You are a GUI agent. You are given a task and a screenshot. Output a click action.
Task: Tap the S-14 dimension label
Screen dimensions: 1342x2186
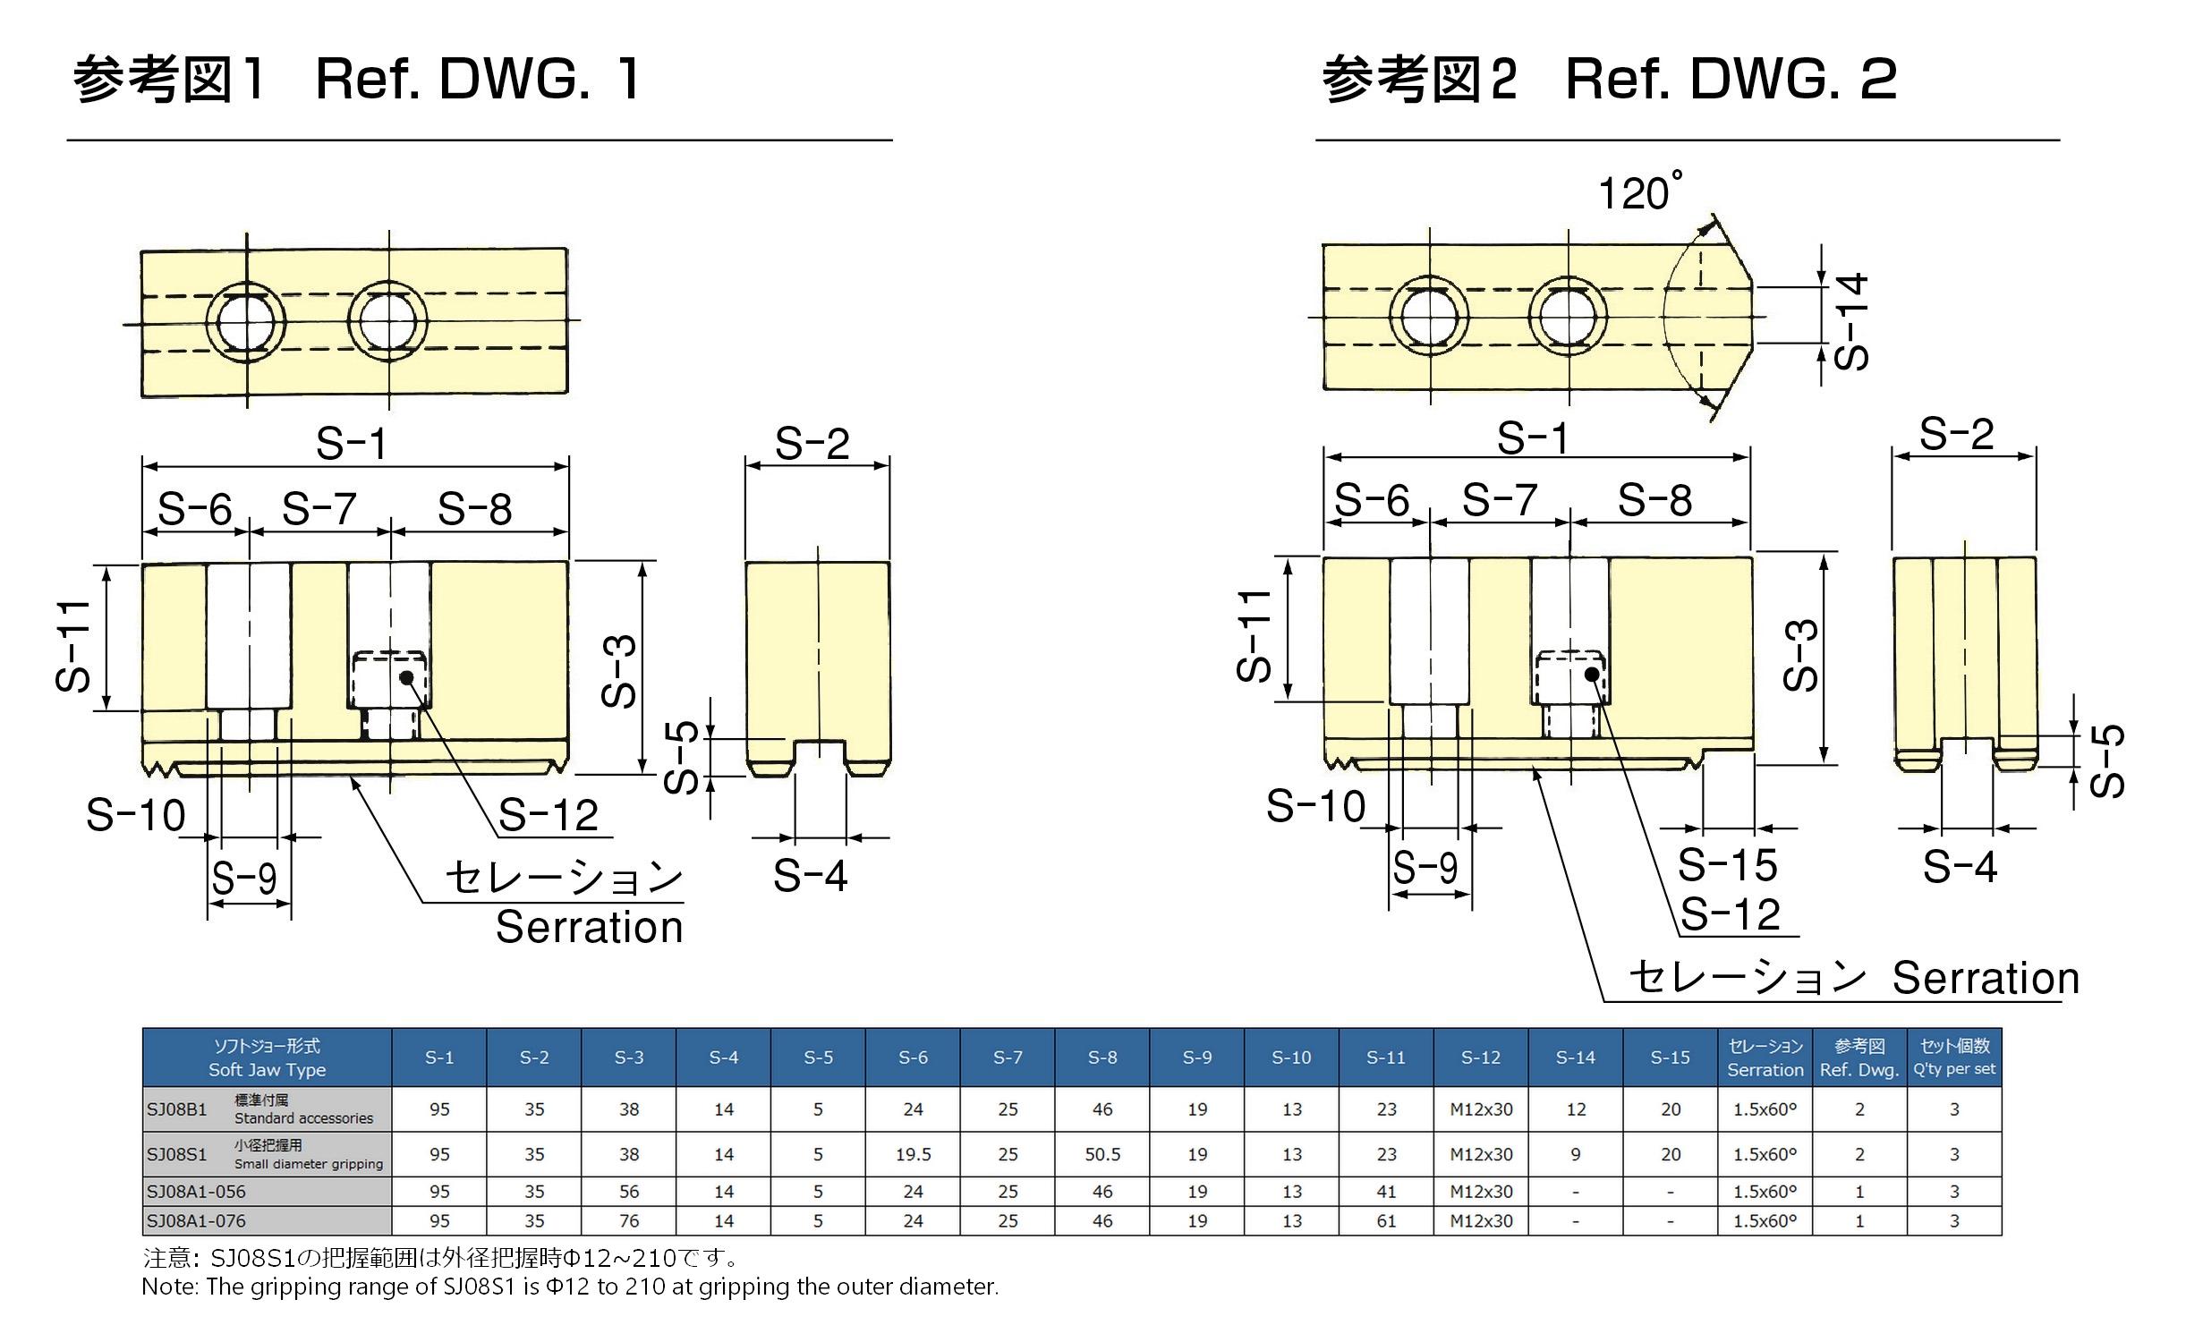1850,322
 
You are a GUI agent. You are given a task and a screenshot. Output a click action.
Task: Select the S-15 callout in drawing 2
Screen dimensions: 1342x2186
1727,865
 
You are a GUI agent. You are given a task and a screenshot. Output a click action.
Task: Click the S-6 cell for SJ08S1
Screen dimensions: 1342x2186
913,1154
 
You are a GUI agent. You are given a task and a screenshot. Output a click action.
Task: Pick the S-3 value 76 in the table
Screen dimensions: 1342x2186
629,1220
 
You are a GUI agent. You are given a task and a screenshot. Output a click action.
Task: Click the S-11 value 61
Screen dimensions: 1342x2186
1386,1220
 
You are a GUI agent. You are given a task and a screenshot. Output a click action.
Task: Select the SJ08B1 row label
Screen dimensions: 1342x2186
177,1109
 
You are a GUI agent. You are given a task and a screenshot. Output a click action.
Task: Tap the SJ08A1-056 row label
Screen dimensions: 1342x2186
196,1191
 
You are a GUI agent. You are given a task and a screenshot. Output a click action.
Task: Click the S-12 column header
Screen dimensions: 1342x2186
1481,1057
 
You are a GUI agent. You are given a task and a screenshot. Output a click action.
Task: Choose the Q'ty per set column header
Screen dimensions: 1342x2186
1954,1057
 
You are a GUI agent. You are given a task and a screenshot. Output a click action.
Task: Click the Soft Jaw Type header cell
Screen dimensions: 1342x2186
267,1057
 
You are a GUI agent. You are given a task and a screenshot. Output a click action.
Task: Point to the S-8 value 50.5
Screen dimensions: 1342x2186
1102,1154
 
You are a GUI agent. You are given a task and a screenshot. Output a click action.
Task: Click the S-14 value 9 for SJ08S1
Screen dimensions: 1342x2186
1576,1154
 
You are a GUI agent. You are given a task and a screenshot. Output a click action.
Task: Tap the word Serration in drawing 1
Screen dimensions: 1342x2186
590,928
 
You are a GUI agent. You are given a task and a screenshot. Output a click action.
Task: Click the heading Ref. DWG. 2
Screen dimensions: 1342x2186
1731,79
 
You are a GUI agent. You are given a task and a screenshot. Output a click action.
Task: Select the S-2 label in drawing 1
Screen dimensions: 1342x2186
812,444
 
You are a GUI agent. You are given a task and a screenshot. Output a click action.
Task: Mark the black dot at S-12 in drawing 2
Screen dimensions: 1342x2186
1592,674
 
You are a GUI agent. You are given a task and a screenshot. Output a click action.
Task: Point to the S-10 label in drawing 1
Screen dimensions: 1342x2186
135,815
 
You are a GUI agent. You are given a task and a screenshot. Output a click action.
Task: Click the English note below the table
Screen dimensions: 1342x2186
570,1287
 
